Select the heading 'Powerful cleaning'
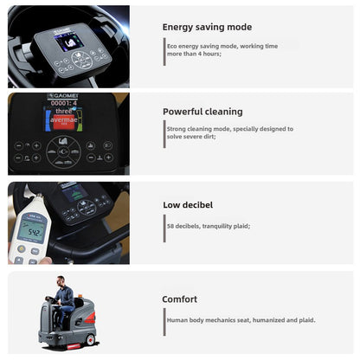202,112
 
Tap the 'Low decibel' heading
188,205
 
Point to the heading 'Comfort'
180,299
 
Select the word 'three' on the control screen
63,112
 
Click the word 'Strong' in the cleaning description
177,129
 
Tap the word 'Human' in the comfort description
178,320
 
